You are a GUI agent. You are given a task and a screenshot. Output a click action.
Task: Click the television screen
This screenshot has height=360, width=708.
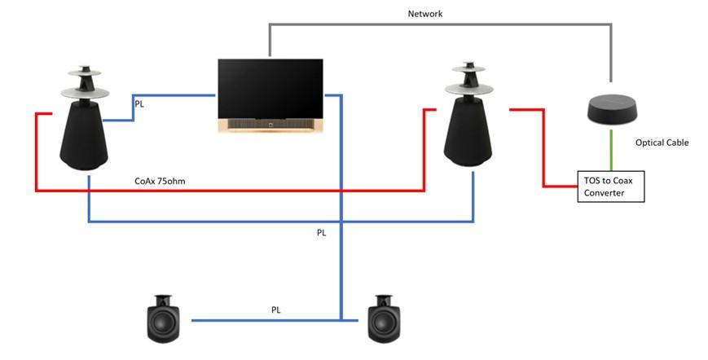(x=270, y=89)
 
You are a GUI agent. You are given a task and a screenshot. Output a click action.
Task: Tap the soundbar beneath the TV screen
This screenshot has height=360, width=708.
(x=270, y=125)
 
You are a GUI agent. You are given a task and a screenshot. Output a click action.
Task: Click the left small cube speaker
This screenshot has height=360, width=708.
(x=164, y=318)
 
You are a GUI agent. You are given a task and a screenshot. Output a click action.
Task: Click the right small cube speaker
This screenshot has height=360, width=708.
(x=384, y=318)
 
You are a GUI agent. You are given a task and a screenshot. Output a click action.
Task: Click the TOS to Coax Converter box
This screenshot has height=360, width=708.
(x=611, y=187)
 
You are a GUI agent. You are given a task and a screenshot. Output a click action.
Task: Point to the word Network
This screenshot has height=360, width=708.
(x=425, y=14)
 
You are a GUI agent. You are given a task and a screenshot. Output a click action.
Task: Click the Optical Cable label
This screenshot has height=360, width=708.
(x=662, y=143)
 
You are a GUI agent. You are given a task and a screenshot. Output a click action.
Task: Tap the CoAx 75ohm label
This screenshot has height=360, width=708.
(x=160, y=181)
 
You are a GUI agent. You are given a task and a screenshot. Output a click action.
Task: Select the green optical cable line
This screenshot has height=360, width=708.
(x=611, y=150)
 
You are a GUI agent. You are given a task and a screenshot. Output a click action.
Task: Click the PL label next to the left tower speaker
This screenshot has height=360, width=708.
(x=139, y=104)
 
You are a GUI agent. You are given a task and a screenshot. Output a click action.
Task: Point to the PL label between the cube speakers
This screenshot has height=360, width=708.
(x=276, y=310)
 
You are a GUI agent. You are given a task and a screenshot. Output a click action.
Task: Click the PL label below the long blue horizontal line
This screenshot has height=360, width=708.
(x=321, y=233)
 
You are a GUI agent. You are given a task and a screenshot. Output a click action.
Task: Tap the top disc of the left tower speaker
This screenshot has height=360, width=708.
(x=85, y=72)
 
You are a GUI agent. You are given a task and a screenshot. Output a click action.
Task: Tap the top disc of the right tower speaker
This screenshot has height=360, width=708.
(x=468, y=68)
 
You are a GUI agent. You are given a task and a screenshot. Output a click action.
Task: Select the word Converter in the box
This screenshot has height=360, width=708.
(x=605, y=193)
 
